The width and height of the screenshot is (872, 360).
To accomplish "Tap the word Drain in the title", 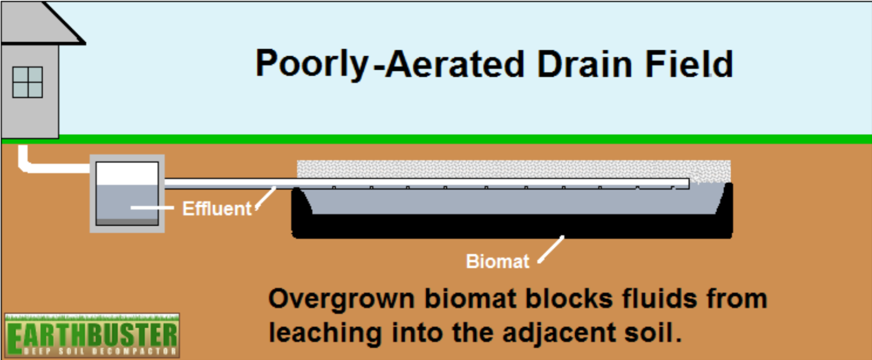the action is [x=585, y=64].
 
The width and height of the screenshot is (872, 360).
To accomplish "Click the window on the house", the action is [x=28, y=82].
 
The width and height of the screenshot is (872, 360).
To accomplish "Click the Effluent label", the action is [x=217, y=209].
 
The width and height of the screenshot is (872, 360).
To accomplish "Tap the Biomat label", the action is [x=497, y=261].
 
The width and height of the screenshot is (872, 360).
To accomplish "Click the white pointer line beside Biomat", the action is [x=551, y=250].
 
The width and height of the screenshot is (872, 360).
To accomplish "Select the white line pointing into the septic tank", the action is [x=152, y=208].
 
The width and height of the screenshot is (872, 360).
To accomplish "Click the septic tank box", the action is [x=127, y=194].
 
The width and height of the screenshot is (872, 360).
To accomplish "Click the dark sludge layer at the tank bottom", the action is [x=127, y=222].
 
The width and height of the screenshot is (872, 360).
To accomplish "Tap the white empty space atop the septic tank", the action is [x=127, y=173].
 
